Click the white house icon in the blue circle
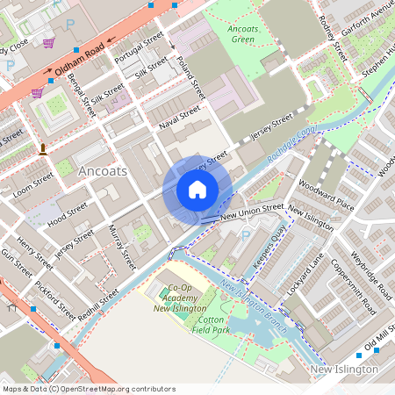point(197,189)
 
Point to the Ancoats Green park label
point(241,34)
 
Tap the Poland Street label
point(190,78)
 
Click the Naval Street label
point(180,118)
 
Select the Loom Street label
point(33,183)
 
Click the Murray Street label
point(121,245)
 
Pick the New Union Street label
point(252,212)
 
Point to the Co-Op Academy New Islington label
point(179,298)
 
